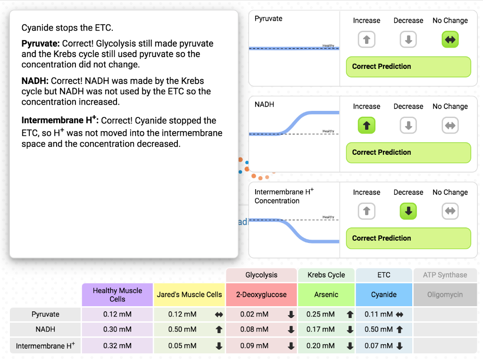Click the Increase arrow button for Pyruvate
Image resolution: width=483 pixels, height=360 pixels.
point(366,40)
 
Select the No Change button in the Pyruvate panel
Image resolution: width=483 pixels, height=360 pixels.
point(450,40)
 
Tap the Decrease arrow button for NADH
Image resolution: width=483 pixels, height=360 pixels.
point(408,126)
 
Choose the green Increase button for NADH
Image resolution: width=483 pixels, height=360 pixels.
point(366,126)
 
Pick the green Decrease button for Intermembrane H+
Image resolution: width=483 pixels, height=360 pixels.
point(408,211)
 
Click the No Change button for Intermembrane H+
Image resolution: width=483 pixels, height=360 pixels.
point(450,211)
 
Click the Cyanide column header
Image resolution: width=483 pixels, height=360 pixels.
point(384,294)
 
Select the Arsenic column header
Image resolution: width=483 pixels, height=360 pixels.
point(326,294)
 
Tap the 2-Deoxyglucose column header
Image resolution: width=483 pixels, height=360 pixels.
point(261,294)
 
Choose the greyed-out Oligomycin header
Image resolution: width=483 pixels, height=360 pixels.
point(445,294)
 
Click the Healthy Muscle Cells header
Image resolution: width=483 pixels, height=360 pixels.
point(117,294)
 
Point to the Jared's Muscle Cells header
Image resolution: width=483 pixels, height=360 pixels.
point(189,294)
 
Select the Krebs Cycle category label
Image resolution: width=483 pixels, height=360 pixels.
point(326,275)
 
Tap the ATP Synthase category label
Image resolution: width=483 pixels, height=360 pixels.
point(445,275)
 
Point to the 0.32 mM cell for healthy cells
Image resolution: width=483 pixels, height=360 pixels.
point(117,346)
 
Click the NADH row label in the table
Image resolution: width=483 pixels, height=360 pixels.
point(45,330)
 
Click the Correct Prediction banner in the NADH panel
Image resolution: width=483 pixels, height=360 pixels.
point(408,152)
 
